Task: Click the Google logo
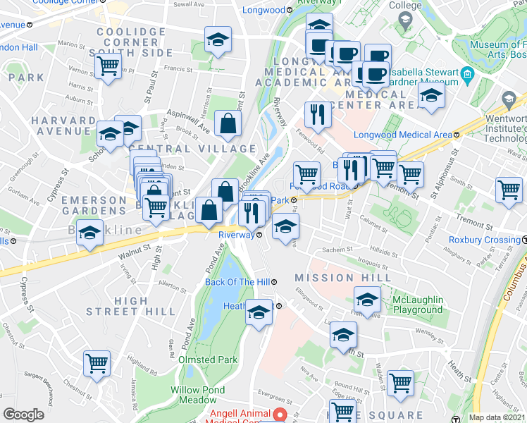[x=23, y=415]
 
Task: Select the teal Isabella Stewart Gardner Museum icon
[x=467, y=74]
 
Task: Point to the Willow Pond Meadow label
[x=198, y=395]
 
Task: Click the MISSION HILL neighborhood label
[x=343, y=278]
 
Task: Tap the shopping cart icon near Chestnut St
[x=97, y=364]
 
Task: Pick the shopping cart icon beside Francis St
[x=109, y=68]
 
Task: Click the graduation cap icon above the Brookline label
[x=90, y=233]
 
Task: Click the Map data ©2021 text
[x=497, y=417]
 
